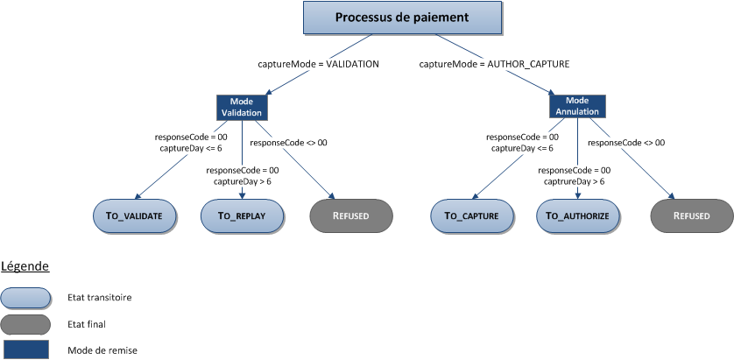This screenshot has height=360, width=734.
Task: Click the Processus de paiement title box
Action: (x=403, y=18)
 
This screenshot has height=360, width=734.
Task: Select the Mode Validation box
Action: (x=241, y=107)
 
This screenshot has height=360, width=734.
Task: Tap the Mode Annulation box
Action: (x=576, y=107)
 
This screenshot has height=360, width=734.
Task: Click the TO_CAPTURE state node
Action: (x=470, y=215)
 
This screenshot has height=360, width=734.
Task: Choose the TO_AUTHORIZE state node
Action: (x=578, y=215)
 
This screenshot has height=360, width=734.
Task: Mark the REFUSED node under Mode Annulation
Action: (x=690, y=215)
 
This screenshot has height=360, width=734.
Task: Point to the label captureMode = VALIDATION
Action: (x=318, y=64)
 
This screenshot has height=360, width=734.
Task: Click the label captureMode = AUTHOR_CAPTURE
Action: (x=495, y=64)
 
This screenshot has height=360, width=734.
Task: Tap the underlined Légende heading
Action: (x=25, y=265)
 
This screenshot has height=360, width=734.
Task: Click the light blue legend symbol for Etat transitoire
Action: (x=26, y=297)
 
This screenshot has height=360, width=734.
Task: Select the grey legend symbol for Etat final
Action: (x=26, y=323)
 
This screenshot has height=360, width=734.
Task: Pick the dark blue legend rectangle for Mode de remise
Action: (x=26, y=349)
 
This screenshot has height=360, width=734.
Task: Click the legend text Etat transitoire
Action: (x=99, y=298)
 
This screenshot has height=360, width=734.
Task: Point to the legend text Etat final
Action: (x=87, y=324)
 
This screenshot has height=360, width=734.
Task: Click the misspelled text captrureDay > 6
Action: (x=573, y=181)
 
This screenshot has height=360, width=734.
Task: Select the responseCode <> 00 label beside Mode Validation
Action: (x=288, y=142)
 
